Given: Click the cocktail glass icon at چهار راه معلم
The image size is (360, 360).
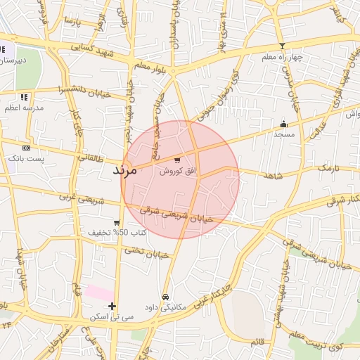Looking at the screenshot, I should [283, 46].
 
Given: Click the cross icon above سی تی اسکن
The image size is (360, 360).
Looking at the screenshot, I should [112, 306].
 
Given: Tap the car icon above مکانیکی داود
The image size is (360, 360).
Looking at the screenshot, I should [165, 297].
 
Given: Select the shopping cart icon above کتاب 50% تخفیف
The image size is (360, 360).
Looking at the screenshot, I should [116, 222].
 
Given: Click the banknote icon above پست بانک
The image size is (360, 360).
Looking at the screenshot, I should [26, 148].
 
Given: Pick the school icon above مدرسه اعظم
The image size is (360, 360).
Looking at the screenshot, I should [24, 97].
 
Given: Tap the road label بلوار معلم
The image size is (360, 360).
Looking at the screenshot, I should [149, 66].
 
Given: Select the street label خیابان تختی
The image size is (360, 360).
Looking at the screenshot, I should [147, 252].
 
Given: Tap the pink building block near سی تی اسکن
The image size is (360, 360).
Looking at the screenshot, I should [98, 292].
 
